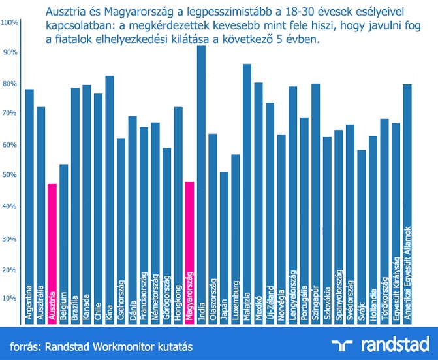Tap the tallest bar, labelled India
click(x=201, y=183)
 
